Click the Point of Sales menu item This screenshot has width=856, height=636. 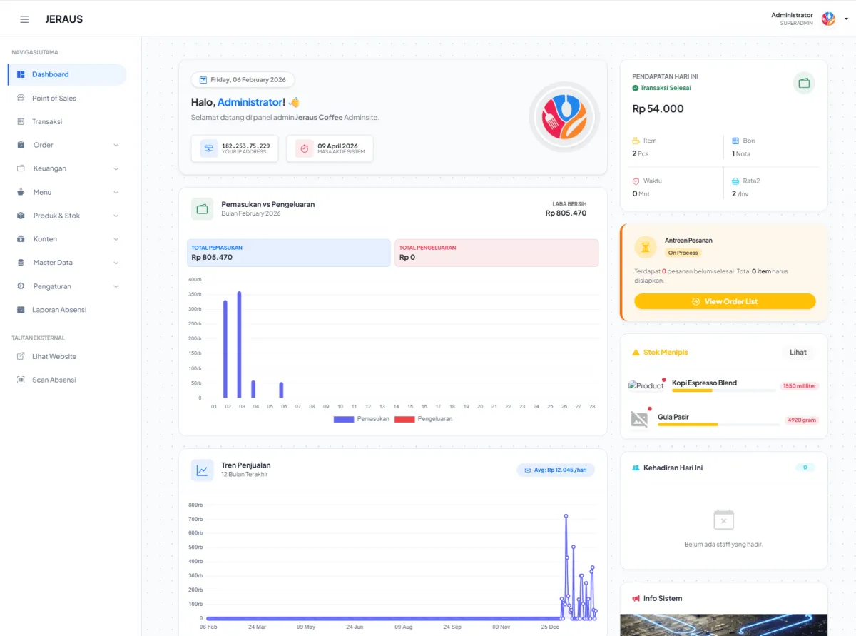[53, 98]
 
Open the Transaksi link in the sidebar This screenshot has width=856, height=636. [46, 121]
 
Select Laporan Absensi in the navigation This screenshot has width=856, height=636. [58, 310]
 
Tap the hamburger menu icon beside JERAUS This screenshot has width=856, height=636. [24, 19]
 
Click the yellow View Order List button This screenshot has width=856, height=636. [725, 301]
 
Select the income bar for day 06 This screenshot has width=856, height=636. [281, 390]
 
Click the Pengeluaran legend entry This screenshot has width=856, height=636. [426, 419]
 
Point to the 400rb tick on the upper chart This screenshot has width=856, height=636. [195, 279]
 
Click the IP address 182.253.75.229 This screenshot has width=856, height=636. [245, 146]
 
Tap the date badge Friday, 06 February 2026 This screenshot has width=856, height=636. [243, 80]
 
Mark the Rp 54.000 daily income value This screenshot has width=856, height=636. [658, 109]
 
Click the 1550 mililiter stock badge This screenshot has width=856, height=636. [799, 386]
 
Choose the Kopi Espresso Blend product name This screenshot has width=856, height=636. [704, 383]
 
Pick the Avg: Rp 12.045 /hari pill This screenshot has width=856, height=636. [555, 470]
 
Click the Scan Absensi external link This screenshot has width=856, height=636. [53, 380]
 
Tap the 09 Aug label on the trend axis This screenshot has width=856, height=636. [403, 627]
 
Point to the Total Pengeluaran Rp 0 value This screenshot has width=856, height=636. [407, 257]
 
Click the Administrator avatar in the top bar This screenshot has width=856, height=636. [828, 19]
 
